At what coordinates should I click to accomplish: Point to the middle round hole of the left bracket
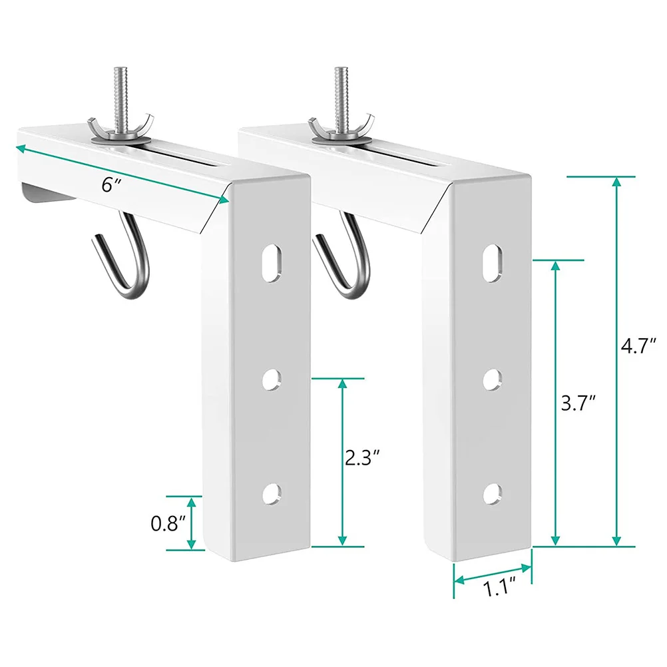coord(272,378)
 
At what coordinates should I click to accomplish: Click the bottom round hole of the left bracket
coord(272,493)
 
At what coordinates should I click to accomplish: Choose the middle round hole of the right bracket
coord(492,378)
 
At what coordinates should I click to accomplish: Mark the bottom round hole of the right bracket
coord(492,493)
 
